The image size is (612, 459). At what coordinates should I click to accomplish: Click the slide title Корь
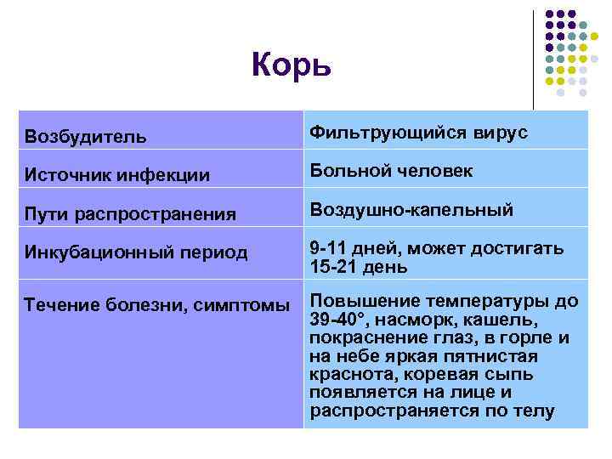pyautogui.click(x=291, y=65)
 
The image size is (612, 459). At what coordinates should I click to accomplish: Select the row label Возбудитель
pyautogui.click(x=85, y=136)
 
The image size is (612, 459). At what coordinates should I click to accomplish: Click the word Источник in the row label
pyautogui.click(x=65, y=175)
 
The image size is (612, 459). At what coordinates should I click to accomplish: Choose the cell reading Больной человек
pyautogui.click(x=391, y=171)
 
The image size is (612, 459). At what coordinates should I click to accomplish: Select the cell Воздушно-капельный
pyautogui.click(x=411, y=209)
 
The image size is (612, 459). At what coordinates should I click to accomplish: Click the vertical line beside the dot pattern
pyautogui.click(x=534, y=59)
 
